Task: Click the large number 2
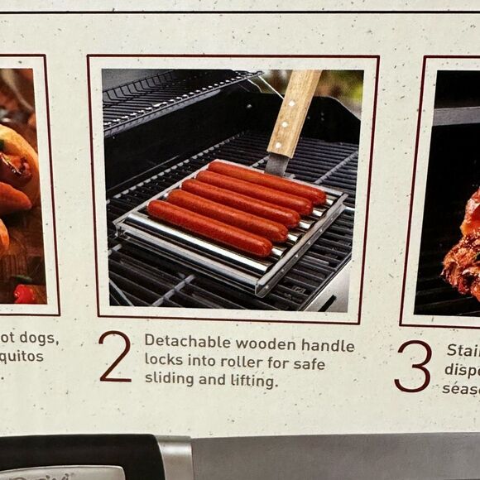pyautogui.click(x=114, y=356)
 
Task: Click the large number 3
pyautogui.click(x=412, y=365)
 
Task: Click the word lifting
pyautogui.click(x=249, y=381)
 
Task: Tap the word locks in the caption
pyautogui.click(x=164, y=362)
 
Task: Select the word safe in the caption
pyautogui.click(x=307, y=362)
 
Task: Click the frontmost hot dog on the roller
pyautogui.click(x=209, y=227)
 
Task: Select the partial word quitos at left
pyautogui.click(x=22, y=357)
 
